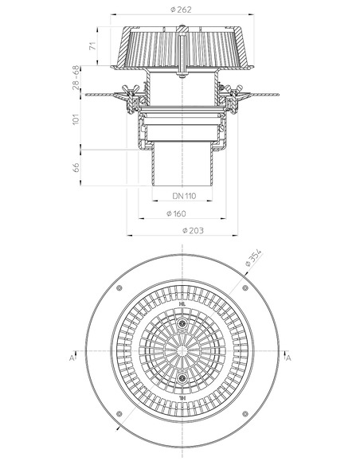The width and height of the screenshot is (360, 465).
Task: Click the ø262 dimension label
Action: [x=184, y=10]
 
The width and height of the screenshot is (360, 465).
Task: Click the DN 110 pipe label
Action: [x=184, y=195]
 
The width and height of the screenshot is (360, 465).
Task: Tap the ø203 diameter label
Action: [x=184, y=230]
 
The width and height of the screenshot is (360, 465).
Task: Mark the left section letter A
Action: [x=72, y=358]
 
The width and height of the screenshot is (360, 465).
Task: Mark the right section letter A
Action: [x=288, y=358]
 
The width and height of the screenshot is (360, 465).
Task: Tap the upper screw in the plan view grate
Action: [x=183, y=324]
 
